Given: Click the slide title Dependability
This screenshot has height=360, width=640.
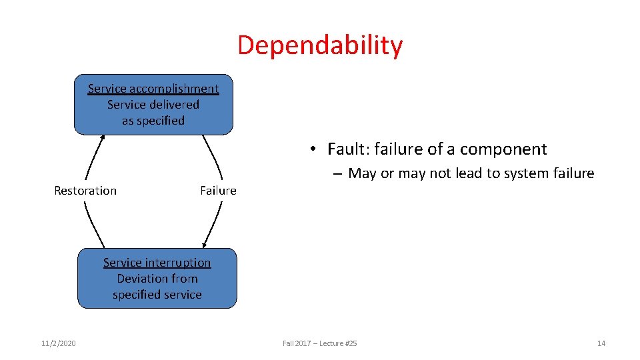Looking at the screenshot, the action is pyautogui.click(x=320, y=45).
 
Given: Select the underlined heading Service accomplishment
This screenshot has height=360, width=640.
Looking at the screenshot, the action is pyautogui.click(x=153, y=89).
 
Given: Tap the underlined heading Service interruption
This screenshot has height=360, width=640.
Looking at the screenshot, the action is pyautogui.click(x=157, y=263).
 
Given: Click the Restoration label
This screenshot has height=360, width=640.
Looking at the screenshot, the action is pyautogui.click(x=85, y=191).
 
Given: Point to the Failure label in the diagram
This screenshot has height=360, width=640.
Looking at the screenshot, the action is pyautogui.click(x=218, y=191).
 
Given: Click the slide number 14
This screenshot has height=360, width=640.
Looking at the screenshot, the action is pyautogui.click(x=601, y=343).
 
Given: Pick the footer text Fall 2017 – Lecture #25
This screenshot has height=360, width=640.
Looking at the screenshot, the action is pyautogui.click(x=319, y=343).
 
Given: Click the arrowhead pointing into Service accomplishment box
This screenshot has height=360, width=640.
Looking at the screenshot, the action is pyautogui.click(x=103, y=137).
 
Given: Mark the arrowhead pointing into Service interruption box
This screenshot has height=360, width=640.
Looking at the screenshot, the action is pyautogui.click(x=205, y=245).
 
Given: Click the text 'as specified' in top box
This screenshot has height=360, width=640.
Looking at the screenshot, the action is pyautogui.click(x=153, y=121).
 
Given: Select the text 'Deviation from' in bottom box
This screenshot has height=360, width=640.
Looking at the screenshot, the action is pyautogui.click(x=157, y=279).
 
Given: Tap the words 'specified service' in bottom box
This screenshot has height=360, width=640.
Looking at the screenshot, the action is pyautogui.click(x=157, y=295).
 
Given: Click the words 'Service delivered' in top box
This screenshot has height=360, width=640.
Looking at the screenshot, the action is pyautogui.click(x=153, y=105).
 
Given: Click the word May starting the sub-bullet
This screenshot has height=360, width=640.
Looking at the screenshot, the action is pyautogui.click(x=362, y=173).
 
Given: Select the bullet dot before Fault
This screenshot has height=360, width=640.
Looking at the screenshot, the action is pyautogui.click(x=313, y=150).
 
